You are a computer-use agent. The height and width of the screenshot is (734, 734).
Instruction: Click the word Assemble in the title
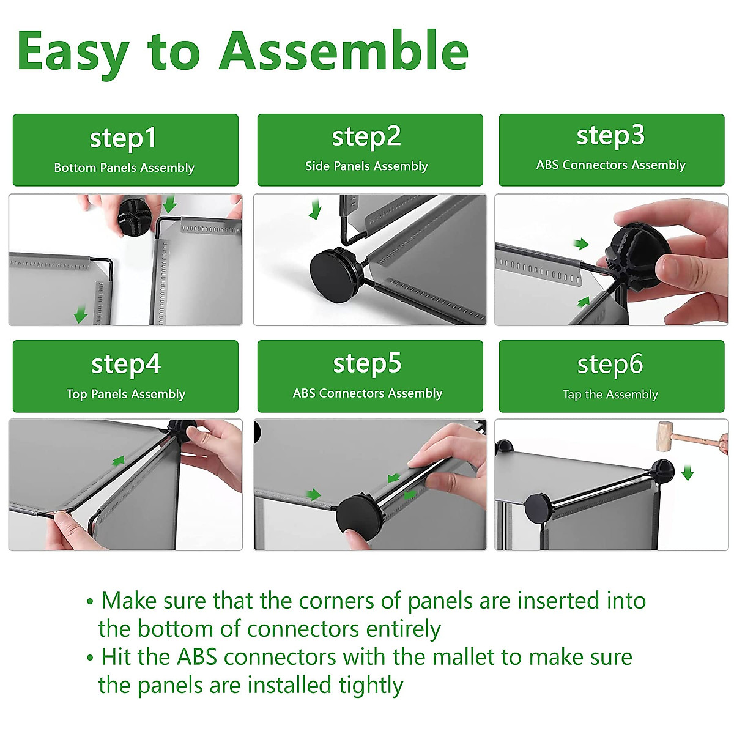click(x=344, y=50)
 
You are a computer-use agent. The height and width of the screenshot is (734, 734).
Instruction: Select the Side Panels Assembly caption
click(x=366, y=166)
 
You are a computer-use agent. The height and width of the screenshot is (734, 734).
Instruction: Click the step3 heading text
click(x=610, y=136)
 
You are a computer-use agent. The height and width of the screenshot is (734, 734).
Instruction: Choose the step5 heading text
click(x=367, y=363)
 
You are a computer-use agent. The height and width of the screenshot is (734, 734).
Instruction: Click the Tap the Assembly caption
click(x=610, y=394)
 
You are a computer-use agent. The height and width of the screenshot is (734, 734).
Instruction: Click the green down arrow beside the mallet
click(x=688, y=472)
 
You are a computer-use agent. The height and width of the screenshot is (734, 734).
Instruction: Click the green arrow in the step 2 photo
click(x=316, y=210)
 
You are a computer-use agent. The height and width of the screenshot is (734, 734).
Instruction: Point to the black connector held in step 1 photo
click(x=135, y=217)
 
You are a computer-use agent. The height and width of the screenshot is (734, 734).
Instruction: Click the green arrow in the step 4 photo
click(x=119, y=461)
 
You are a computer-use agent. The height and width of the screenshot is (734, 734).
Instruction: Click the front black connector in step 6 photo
click(x=538, y=508)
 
